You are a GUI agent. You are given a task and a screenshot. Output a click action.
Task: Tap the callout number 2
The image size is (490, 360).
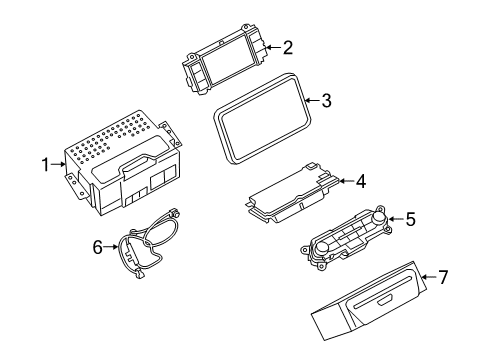coord(288,46)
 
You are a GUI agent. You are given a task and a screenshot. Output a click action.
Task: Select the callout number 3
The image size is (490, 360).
coord(325,100)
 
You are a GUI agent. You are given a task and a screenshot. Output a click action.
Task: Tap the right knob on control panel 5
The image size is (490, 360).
coord(381,219)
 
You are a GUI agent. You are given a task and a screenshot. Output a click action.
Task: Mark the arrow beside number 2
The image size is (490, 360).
coord(273,46)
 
